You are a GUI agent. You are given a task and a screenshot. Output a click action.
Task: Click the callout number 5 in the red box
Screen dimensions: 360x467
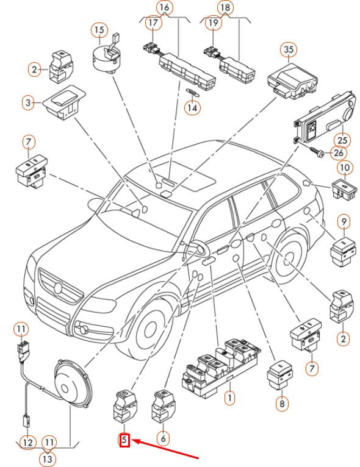coord(124,440)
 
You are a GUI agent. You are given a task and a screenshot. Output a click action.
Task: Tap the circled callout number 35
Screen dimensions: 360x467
coord(289,49)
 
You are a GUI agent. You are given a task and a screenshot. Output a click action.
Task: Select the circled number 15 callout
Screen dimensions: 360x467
coord(99,29)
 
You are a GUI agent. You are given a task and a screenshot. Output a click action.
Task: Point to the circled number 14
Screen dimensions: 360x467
coord(192,107)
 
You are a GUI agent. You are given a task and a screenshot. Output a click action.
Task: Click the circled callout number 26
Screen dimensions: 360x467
coord(339,153)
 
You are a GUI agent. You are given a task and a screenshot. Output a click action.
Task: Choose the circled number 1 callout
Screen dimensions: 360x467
coord(229,397)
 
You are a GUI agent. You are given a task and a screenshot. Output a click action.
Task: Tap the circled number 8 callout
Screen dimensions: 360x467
coord(282,404)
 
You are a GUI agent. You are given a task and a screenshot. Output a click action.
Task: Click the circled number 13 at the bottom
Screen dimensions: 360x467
coord(48,459)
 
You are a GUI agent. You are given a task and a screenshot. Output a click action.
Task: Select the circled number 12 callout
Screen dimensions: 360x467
coord(27,443)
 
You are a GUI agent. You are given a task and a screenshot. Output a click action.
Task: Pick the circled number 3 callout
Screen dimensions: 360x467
coord(28,103)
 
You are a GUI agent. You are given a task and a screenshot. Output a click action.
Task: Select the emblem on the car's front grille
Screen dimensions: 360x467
coord(58,288)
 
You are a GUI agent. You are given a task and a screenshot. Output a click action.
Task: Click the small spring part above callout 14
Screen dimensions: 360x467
coord(193,92)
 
